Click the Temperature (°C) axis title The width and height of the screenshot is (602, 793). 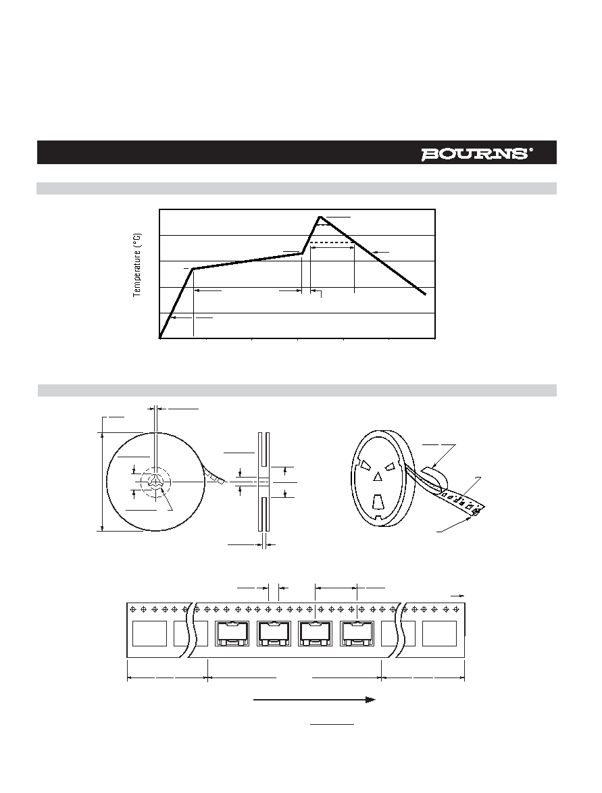137,265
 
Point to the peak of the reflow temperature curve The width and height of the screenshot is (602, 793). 319,217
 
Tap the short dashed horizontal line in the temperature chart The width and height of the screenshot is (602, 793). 332,242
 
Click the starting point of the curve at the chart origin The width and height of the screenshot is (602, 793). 160,337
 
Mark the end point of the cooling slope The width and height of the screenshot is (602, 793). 424,294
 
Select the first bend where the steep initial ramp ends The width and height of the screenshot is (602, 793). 193,269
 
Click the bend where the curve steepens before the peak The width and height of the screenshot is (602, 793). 302,253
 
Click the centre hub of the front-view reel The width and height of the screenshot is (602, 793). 157,482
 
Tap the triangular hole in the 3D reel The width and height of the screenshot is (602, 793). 378,477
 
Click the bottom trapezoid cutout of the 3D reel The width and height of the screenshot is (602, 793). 378,502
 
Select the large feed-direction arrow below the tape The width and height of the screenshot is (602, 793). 314,699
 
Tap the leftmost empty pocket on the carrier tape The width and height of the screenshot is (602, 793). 149,634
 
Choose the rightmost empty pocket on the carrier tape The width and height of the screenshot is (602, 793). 439,634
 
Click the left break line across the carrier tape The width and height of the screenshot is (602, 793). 193,630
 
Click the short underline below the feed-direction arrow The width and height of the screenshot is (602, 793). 332,724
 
